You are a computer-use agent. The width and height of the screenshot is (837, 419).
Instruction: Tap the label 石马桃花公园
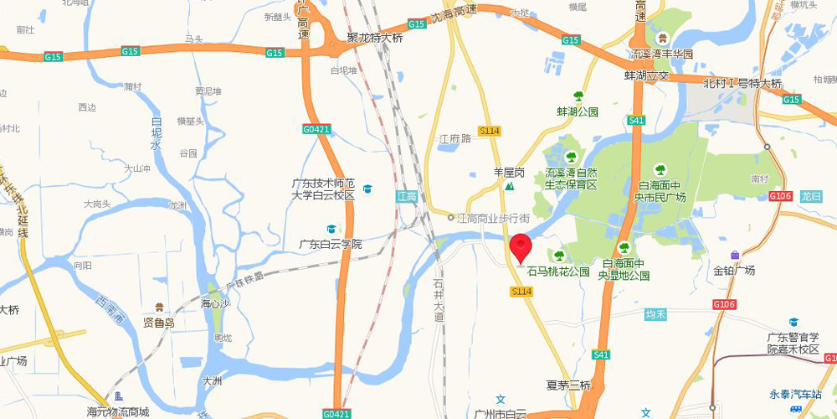[x=558, y=272]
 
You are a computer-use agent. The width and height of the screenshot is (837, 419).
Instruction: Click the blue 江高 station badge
[x=406, y=196]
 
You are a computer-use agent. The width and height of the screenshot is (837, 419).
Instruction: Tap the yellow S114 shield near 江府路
[x=489, y=130]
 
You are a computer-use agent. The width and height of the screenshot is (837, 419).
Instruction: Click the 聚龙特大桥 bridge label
[x=375, y=38]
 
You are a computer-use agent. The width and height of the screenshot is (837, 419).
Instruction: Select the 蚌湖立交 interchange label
[x=646, y=75]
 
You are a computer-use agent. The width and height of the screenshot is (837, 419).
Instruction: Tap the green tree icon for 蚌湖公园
[x=578, y=96]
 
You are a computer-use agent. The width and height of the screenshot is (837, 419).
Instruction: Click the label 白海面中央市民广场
[x=661, y=190]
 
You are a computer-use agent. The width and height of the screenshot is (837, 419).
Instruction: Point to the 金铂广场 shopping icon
[x=735, y=255]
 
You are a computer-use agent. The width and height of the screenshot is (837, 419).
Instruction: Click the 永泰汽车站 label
[x=796, y=394]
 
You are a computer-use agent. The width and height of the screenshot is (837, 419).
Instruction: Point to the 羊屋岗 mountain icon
[x=507, y=187]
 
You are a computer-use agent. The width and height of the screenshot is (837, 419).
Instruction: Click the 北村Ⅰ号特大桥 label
[x=742, y=83]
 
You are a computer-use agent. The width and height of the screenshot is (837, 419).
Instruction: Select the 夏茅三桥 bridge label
[x=568, y=385]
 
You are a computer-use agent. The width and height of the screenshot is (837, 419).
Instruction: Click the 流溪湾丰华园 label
[x=662, y=54]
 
